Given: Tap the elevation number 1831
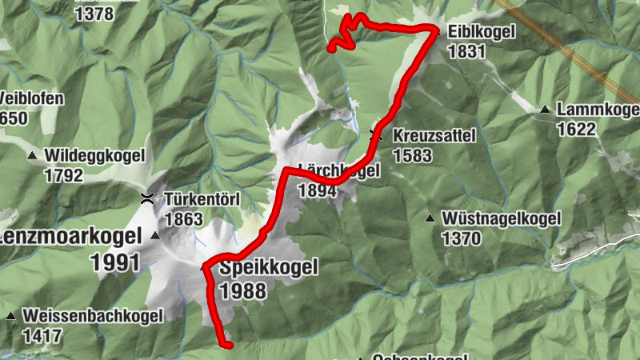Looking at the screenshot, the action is point(468,51).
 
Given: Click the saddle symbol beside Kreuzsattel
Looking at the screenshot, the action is point(376,135).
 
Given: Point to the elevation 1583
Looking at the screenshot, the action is point(412,154).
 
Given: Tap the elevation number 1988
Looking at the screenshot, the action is point(242,290).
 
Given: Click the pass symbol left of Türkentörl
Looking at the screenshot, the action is point(148,198).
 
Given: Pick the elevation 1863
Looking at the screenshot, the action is point(183,217).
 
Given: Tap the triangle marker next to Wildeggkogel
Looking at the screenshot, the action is point(32,155).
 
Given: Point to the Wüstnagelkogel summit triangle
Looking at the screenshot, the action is point(430,218).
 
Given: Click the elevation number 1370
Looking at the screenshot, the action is point(460,238).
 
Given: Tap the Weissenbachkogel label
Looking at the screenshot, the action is point(94,315).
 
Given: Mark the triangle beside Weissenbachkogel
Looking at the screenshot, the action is point(11,316).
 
